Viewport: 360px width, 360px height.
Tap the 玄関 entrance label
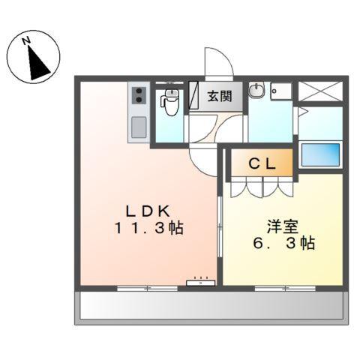[219, 97]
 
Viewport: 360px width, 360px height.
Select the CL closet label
[260, 162]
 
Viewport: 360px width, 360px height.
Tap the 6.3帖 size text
[282, 243]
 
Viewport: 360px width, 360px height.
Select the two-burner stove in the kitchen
[139, 97]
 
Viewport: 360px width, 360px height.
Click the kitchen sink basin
[139, 127]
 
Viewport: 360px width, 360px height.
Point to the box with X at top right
[321, 91]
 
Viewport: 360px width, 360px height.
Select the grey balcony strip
[212, 306]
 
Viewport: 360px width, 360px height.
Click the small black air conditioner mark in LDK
[201, 283]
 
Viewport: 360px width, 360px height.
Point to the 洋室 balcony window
[282, 287]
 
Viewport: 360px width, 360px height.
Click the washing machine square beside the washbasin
[281, 91]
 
